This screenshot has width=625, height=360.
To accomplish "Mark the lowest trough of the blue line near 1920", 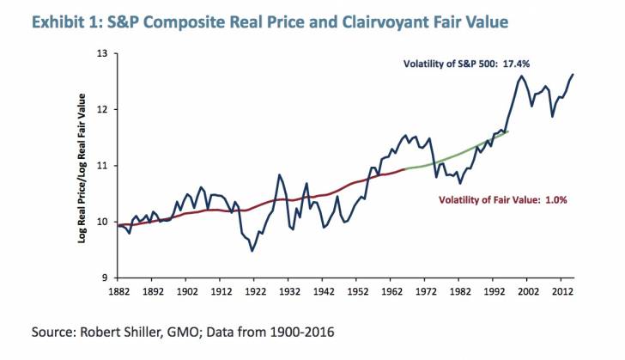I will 252,251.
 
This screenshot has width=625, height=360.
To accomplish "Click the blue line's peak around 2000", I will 521,76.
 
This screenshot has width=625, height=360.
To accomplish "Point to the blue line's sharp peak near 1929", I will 280,175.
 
